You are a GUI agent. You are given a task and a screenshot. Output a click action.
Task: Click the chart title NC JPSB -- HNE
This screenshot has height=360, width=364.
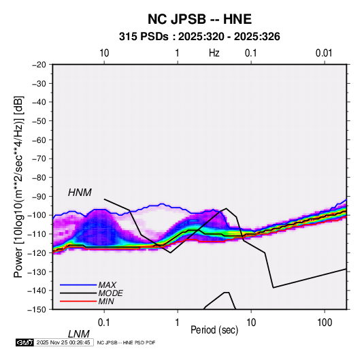[199, 19]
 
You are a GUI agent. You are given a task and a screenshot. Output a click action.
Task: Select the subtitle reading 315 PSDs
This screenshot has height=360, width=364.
[144, 37]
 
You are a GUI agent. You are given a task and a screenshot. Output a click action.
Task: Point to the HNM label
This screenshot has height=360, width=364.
[80, 193]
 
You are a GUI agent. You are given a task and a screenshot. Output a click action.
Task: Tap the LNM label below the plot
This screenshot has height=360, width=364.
[78, 334]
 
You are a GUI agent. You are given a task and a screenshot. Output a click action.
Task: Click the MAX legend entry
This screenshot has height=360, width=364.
[107, 284]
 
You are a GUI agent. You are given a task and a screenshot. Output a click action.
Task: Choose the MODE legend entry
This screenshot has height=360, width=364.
[110, 293]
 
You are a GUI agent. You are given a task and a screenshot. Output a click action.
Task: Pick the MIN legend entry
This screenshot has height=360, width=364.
[106, 301]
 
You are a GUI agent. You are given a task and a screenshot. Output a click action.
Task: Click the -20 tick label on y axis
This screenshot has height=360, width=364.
[39, 65]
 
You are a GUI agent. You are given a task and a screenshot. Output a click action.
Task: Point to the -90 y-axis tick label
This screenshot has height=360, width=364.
[39, 197]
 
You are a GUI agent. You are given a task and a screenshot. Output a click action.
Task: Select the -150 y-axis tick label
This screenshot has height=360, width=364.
[37, 310]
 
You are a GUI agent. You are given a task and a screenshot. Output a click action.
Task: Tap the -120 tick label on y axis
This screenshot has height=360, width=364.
[37, 253]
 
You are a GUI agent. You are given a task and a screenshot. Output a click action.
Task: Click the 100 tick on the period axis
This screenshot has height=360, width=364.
[325, 323]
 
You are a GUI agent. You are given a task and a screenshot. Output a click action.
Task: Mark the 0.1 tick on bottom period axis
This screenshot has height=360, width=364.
[104, 323]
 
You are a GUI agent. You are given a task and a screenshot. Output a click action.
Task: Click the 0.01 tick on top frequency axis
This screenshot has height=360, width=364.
[324, 53]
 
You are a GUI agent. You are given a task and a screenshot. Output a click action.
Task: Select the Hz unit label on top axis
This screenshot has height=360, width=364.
[214, 53]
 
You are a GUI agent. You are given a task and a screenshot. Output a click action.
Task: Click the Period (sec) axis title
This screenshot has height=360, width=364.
[214, 330]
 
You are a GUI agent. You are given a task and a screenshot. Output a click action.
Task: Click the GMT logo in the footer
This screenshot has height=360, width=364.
[24, 342]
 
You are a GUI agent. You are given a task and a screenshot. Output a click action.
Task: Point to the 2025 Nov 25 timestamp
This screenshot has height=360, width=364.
[63, 342]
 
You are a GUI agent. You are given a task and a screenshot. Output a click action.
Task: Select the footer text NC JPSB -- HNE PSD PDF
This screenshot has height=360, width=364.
[126, 342]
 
